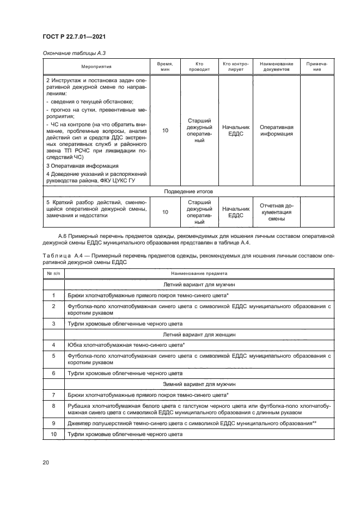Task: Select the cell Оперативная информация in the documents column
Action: (276, 130)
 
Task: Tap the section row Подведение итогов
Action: (188, 192)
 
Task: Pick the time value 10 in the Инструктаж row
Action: (165, 131)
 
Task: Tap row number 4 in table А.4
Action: (54, 345)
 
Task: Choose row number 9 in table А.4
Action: (54, 422)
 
